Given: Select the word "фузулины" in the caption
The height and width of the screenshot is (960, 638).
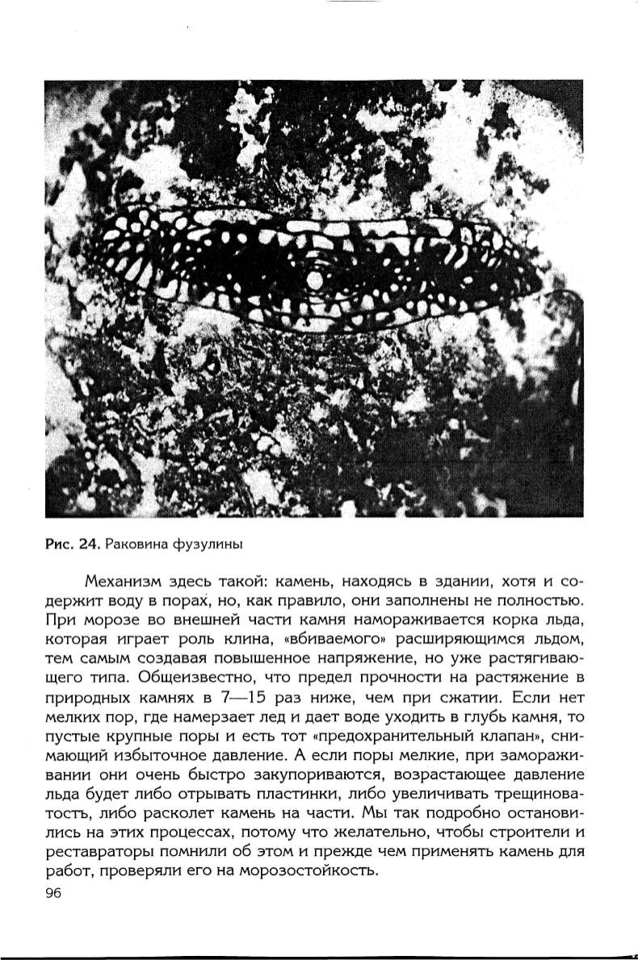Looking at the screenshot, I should (x=208, y=544).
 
